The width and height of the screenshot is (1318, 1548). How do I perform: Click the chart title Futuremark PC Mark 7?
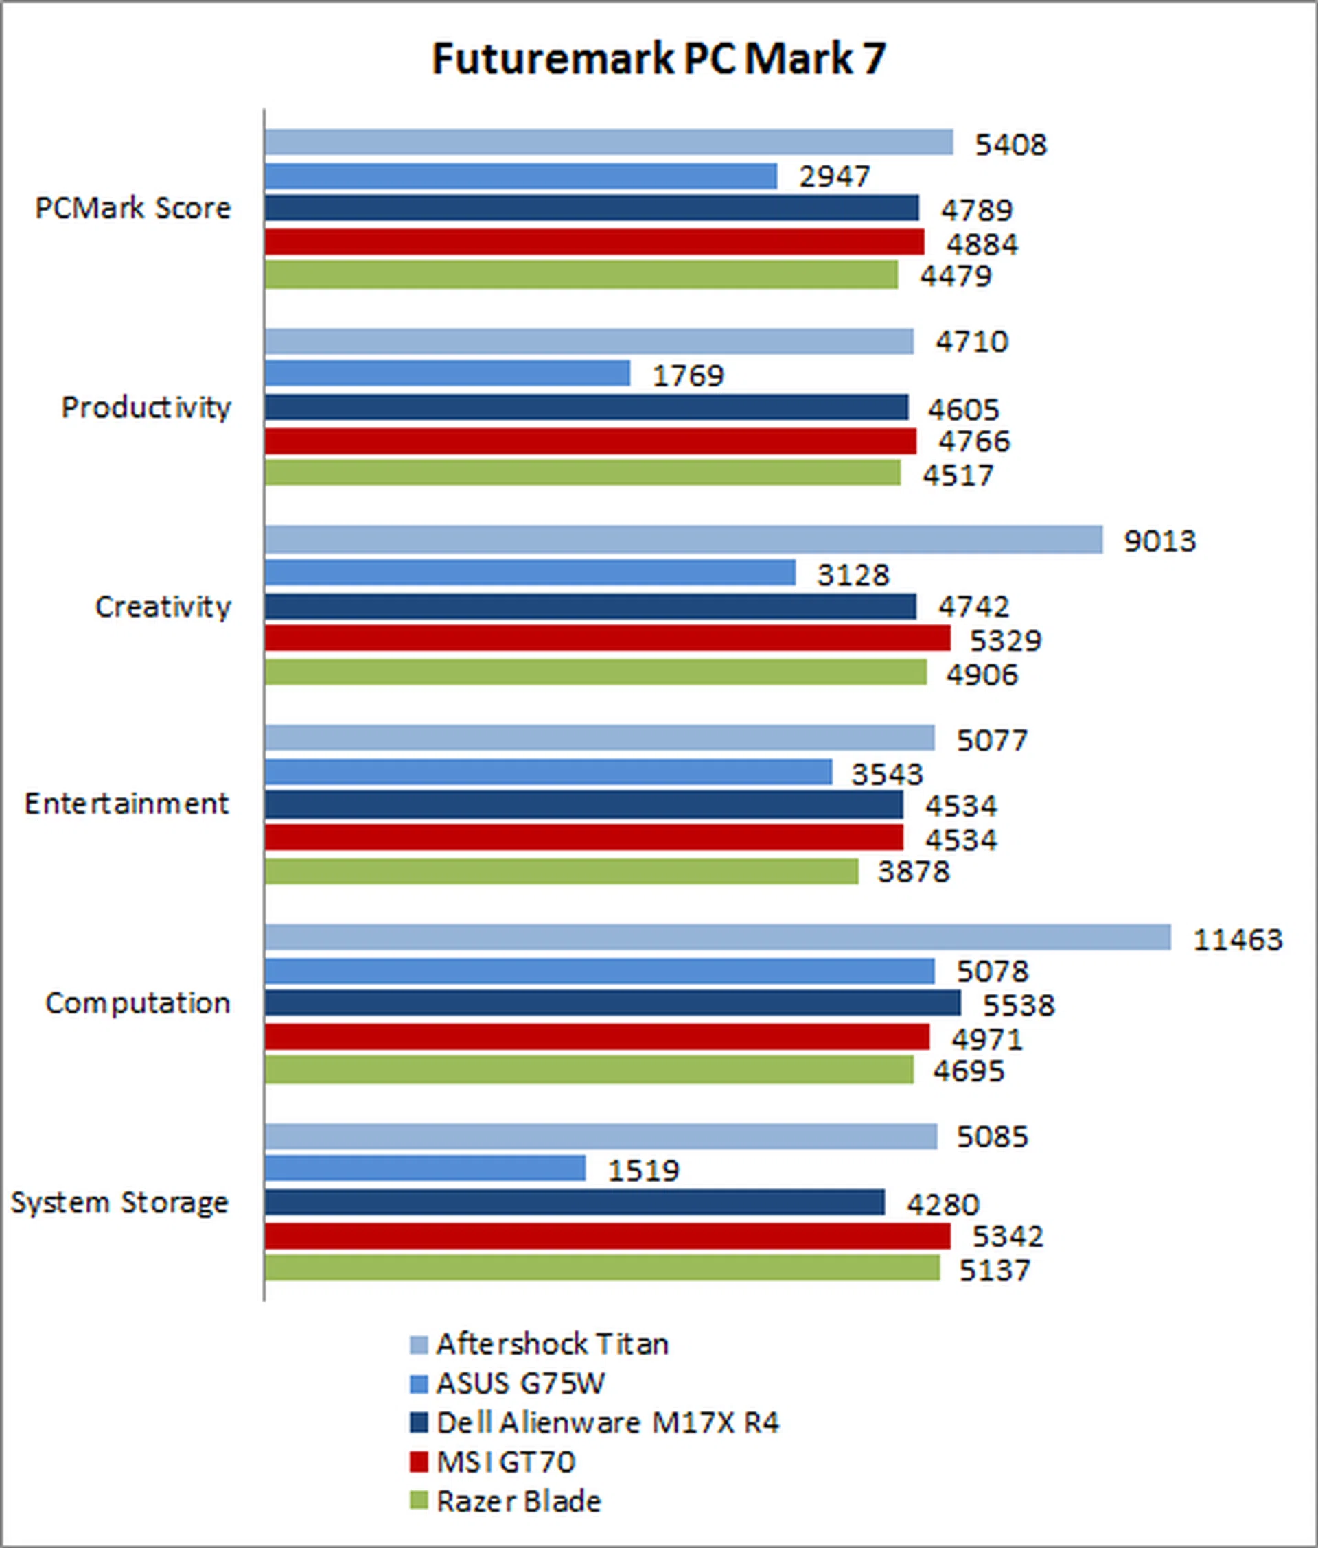(x=658, y=58)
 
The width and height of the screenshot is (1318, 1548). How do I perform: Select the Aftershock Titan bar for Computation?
(x=717, y=937)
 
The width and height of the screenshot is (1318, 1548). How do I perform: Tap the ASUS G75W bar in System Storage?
(x=424, y=1168)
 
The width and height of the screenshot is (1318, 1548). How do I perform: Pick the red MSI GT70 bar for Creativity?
(x=607, y=638)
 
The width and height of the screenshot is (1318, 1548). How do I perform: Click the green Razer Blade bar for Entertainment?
(x=561, y=871)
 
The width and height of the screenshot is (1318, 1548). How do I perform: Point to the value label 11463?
(x=1237, y=939)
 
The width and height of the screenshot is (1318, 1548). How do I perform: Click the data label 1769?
(x=688, y=375)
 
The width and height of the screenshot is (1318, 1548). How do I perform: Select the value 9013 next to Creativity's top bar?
(x=1159, y=541)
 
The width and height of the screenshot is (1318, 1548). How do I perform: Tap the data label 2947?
(x=835, y=177)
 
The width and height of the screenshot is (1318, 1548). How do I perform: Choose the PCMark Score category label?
(x=133, y=209)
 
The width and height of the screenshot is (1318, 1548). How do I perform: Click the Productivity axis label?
(x=146, y=408)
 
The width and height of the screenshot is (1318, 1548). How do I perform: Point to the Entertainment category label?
(x=126, y=804)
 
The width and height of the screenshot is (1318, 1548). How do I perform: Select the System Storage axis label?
(x=119, y=1202)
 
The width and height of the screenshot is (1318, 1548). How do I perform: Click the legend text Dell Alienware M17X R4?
(x=608, y=1422)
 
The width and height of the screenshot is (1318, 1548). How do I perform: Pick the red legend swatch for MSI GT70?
(x=419, y=1462)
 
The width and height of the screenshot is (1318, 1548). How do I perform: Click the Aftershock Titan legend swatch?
(x=419, y=1344)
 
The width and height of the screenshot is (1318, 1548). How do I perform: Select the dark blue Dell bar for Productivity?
(x=586, y=407)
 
